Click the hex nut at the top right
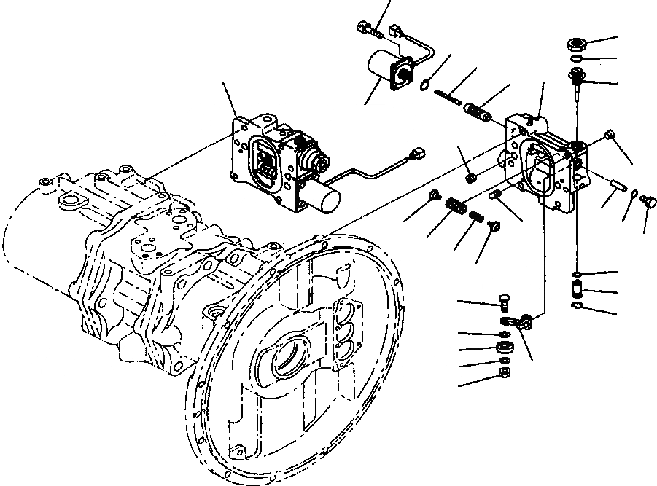tap(576, 44)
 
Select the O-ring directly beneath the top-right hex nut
tap(576, 59)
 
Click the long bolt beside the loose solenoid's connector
tap(368, 29)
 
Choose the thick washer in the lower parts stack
tap(502, 347)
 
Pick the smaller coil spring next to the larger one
tap(475, 217)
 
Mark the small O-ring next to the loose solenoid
tap(424, 87)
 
